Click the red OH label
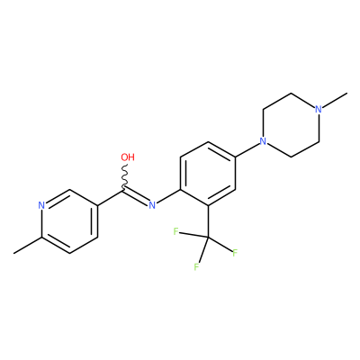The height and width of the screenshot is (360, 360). [x=128, y=157]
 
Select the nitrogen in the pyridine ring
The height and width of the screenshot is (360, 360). [x=41, y=205]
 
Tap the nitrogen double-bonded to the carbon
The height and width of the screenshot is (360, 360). [x=152, y=205]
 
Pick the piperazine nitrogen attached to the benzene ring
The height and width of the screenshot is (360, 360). [x=263, y=140]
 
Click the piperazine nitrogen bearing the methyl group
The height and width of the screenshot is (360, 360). [x=319, y=109]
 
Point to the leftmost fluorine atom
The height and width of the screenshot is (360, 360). [x=176, y=231]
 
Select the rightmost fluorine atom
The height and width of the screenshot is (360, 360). [x=235, y=253]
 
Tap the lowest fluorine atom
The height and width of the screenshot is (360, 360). [x=196, y=266]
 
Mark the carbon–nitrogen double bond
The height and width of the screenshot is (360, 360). [x=136, y=197]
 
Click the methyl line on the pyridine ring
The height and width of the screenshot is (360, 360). [x=27, y=246]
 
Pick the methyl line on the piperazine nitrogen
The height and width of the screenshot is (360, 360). [x=335, y=99]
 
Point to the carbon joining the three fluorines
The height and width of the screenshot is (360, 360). [x=208, y=238]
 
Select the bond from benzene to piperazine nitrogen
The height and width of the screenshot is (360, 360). [x=247, y=148]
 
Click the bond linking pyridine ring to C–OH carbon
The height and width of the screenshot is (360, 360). [x=111, y=197]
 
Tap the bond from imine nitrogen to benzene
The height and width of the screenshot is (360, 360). [x=168, y=196]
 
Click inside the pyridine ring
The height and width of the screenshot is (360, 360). [x=69, y=221]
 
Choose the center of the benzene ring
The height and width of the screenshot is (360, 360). [x=208, y=174]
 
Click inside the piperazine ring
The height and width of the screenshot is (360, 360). [x=291, y=125]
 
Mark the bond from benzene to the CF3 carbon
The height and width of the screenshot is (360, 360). [x=208, y=221]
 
